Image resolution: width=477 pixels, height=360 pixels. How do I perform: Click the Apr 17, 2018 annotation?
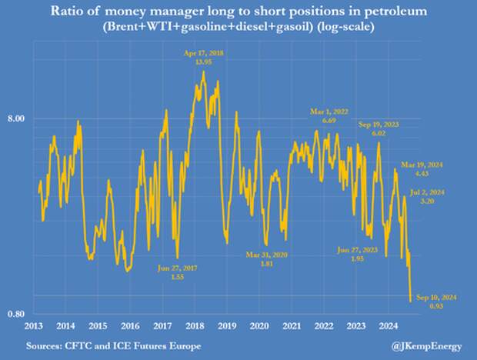[x=202, y=52]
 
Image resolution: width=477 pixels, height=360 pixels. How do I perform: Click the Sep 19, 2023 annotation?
[x=379, y=125]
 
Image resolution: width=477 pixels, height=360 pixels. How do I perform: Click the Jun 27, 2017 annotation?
[x=177, y=268]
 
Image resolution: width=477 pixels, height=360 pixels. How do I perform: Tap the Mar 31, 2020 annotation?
[x=265, y=255]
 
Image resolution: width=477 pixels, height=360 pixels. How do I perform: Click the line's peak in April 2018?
[x=202, y=72]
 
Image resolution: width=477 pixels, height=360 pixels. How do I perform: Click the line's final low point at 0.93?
[x=411, y=302]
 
